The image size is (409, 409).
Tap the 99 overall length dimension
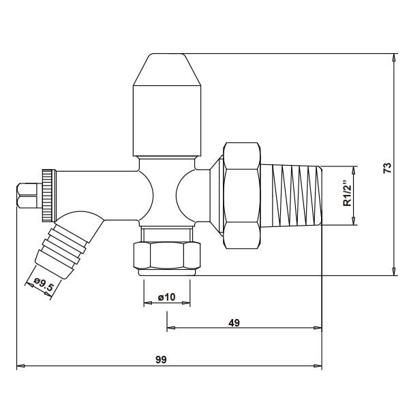(161, 359)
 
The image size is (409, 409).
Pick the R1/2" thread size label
(346, 194)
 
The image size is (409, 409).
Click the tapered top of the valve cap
(168, 70)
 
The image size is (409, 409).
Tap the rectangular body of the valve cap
(168, 120)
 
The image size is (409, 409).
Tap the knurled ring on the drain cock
(47, 194)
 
